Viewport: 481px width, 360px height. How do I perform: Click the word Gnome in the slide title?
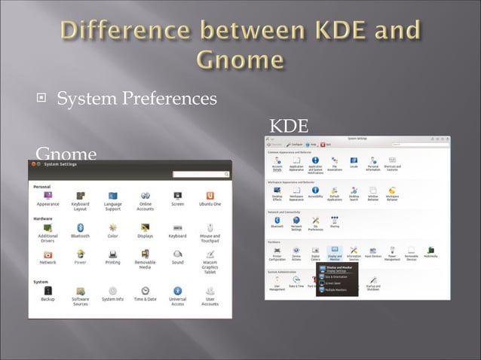click(x=241, y=59)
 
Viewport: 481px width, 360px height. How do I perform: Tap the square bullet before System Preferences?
click(x=44, y=99)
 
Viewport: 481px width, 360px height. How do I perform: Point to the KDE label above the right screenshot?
click(x=289, y=124)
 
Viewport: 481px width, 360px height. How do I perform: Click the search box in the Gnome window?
click(x=199, y=174)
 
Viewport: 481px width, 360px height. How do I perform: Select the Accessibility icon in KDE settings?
click(x=315, y=190)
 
